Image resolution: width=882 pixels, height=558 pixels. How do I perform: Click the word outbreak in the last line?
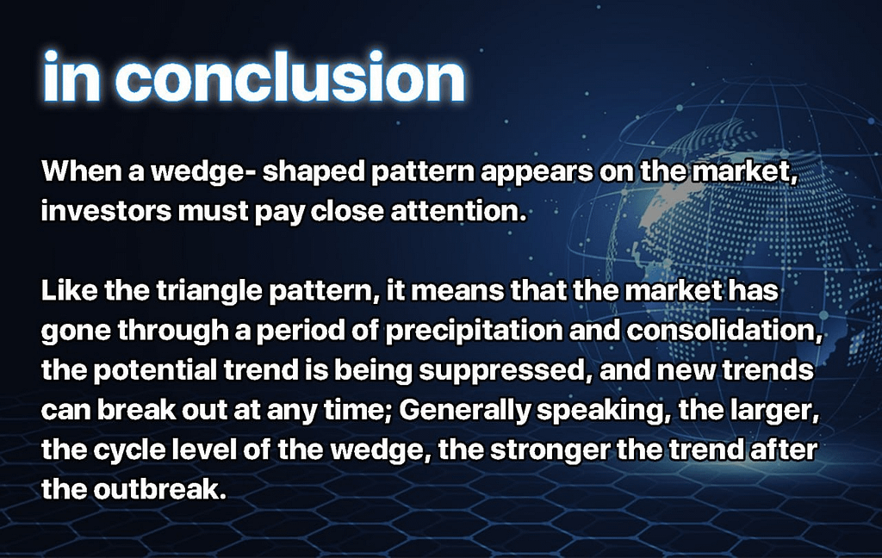[158, 489]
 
